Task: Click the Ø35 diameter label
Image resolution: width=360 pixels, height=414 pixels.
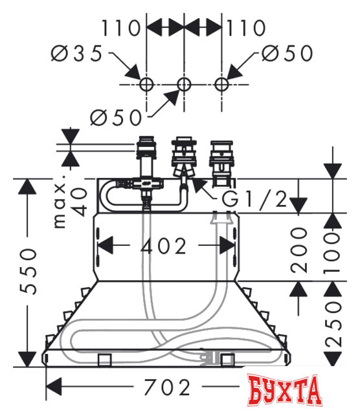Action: (x=77, y=54)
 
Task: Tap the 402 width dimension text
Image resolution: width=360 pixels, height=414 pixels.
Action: (x=164, y=246)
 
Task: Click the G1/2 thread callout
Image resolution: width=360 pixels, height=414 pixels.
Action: (x=254, y=200)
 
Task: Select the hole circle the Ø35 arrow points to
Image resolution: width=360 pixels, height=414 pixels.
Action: (x=147, y=83)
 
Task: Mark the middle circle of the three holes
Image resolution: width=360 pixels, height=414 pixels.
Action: (x=185, y=83)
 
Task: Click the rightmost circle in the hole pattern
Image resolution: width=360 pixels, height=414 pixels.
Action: (x=222, y=83)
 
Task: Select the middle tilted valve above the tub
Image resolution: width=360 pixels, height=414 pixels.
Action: (x=184, y=158)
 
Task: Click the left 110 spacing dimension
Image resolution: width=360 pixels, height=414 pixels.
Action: (x=120, y=28)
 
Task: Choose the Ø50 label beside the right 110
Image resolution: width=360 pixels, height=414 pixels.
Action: (x=287, y=54)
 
